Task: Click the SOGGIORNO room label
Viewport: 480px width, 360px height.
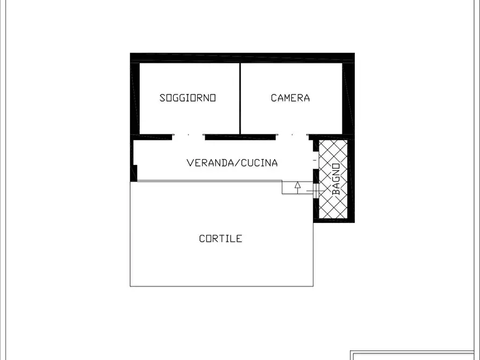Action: (188, 98)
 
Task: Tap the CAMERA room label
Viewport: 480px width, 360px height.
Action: (290, 98)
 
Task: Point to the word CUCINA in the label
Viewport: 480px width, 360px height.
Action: (259, 162)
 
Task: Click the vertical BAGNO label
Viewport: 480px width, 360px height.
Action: (335, 178)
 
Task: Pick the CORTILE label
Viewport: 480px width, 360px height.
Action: (220, 239)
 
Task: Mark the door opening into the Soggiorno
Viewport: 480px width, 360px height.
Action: (188, 136)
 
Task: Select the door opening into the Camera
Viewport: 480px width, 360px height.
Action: (292, 136)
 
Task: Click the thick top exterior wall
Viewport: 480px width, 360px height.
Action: (242, 57)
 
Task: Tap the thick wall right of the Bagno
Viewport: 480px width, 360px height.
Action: (351, 180)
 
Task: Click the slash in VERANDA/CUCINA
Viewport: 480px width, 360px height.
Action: (237, 162)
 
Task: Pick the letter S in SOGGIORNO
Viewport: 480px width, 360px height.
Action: (162, 98)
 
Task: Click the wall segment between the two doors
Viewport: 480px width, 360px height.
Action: (240, 136)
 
